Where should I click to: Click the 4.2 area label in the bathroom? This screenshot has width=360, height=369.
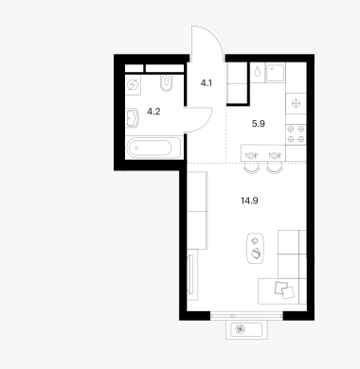point(153,112)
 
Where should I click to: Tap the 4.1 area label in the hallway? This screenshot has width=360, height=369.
point(207,83)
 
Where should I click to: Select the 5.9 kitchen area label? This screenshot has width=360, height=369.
point(259,124)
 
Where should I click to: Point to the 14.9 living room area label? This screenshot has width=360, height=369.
point(249,201)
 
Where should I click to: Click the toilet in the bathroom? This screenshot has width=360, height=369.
point(167,83)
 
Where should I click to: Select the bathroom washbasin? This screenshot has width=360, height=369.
point(133,118)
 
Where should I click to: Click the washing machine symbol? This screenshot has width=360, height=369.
point(133,85)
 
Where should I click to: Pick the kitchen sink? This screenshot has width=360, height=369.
point(276,72)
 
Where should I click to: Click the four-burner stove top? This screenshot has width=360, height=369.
point(296,133)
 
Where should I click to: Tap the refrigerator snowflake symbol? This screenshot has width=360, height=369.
point(297,103)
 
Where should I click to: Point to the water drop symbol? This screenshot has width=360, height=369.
point(258,71)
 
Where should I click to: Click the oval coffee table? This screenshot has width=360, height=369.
point(256,248)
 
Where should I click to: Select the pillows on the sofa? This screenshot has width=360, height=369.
point(284,290)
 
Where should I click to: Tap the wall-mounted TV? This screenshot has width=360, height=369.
point(190,274)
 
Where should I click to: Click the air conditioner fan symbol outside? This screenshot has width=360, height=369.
point(240,329)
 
